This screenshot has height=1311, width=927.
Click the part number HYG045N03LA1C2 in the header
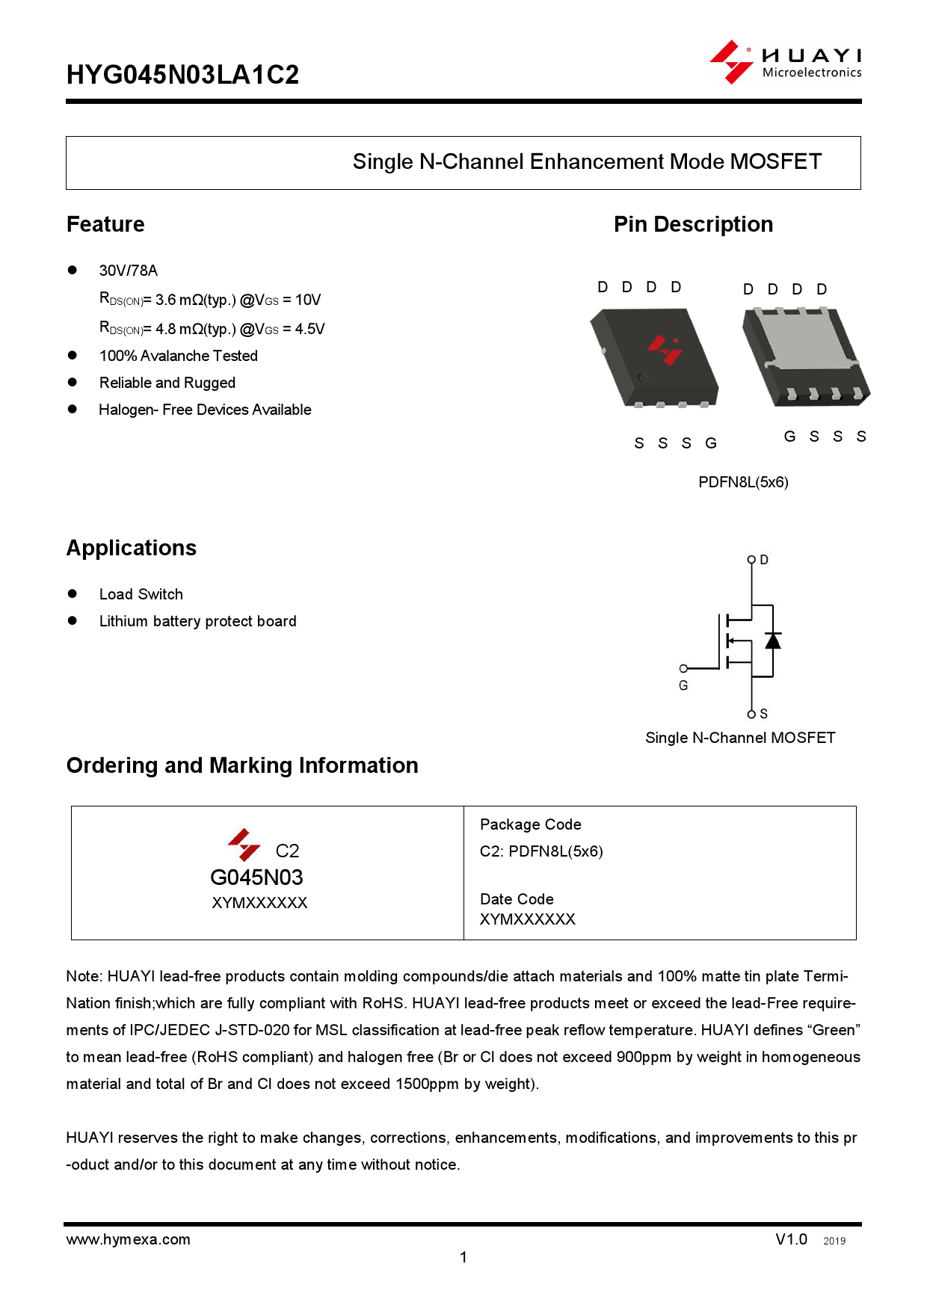tap(182, 75)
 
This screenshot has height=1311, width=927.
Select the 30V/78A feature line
tap(129, 271)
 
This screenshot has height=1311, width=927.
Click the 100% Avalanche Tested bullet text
tap(178, 356)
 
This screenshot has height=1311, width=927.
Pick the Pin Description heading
tap(693, 224)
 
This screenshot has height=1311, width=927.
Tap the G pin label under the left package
tap(711, 443)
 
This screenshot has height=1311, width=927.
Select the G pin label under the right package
tap(789, 437)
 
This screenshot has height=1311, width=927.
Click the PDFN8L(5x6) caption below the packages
tap(743, 482)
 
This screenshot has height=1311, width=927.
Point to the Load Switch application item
tap(141, 594)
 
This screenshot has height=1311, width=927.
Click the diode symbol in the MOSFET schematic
tap(772, 641)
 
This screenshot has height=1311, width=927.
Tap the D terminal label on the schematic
tap(764, 560)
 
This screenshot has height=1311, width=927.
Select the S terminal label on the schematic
tap(763, 714)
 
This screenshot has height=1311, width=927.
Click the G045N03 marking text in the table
tap(256, 877)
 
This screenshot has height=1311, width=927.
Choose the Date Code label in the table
tap(517, 899)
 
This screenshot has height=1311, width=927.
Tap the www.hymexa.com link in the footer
tap(128, 1239)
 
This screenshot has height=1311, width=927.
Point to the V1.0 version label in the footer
tap(791, 1239)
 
